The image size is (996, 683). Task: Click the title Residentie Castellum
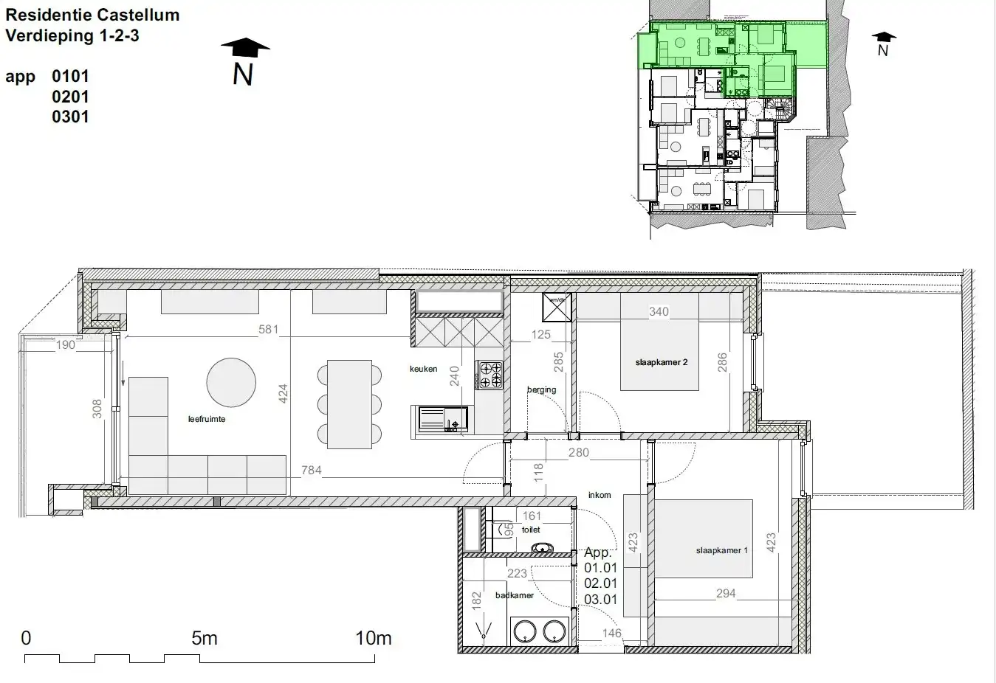click(92, 15)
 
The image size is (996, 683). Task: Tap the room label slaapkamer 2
click(661, 362)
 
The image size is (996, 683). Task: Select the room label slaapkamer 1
click(721, 550)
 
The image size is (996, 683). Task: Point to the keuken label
click(424, 369)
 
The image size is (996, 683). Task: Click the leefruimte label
click(207, 419)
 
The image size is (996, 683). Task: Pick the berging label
click(541, 389)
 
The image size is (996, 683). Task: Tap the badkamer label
click(515, 595)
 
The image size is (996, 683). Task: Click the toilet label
click(531, 530)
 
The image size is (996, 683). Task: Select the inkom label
click(599, 495)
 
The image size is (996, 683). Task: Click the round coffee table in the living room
click(231, 382)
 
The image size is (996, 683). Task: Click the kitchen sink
click(443, 418)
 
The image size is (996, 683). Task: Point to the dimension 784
click(311, 470)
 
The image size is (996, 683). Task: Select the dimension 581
click(268, 329)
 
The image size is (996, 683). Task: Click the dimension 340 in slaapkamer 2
click(658, 311)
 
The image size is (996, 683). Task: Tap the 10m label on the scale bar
click(373, 639)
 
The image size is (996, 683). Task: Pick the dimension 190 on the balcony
click(66, 344)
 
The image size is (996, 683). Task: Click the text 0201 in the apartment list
click(70, 97)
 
